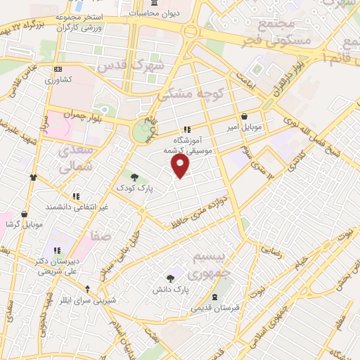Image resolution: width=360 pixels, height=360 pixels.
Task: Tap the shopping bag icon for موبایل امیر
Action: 244,117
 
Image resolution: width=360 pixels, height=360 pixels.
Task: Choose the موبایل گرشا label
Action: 24,224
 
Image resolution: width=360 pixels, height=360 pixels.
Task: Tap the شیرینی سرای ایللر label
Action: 89,300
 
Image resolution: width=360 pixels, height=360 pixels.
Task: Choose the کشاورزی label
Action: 59,80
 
